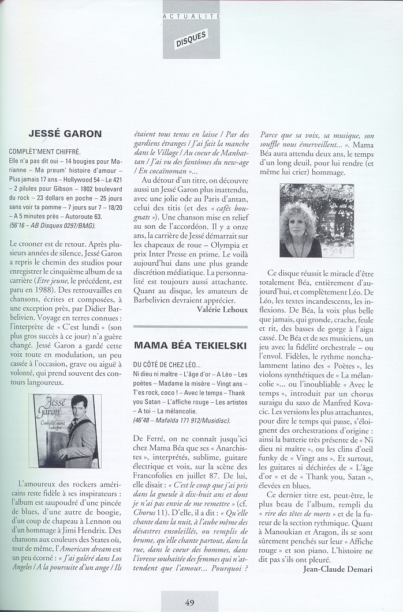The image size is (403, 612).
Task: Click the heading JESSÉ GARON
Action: click(65, 134)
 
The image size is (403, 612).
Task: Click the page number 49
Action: click(190, 603)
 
